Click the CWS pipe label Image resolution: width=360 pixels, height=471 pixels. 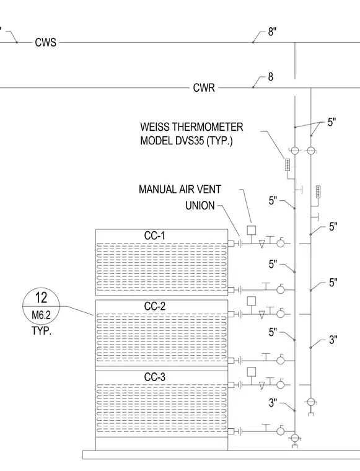coord(46,42)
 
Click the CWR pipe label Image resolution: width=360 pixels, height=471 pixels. coord(204,88)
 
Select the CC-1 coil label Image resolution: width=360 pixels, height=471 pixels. coord(155,235)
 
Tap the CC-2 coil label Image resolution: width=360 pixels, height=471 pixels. coord(155,306)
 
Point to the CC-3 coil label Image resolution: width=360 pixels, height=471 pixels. coord(155,377)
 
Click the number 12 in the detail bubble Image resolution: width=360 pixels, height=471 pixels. coord(41,297)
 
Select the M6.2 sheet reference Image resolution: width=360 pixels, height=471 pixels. coord(41,315)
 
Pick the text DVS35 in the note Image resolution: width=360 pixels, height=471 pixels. coord(190,141)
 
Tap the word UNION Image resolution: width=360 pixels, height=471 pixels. coord(200,206)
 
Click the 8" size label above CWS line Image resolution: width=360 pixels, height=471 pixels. coord(272,32)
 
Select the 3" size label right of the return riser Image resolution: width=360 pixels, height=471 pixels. coord(333,340)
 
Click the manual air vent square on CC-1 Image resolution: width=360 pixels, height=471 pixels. coord(252,231)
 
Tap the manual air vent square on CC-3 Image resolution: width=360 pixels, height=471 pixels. coord(252,372)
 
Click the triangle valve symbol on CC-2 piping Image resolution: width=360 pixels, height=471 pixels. coord(262,315)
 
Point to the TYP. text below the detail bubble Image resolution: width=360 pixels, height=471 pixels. coord(42,331)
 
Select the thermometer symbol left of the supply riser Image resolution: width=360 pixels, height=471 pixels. coord(288,165)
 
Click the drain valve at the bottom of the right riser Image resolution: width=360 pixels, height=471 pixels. coord(311,405)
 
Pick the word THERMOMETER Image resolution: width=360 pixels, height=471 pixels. coord(208,127)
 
